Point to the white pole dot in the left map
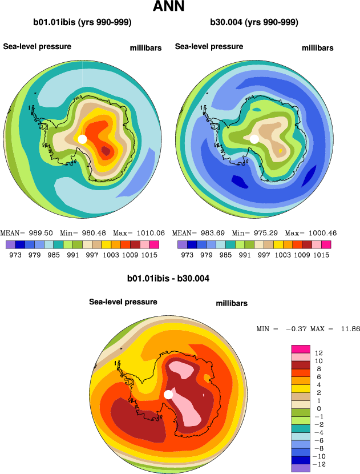[82, 139]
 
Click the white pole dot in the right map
[254, 139]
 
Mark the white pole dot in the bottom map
[168, 395]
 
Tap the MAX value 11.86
[347, 329]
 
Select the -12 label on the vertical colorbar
[321, 464]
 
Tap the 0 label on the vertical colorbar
[318, 409]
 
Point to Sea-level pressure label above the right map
[209, 47]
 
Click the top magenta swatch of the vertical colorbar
[301, 349]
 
